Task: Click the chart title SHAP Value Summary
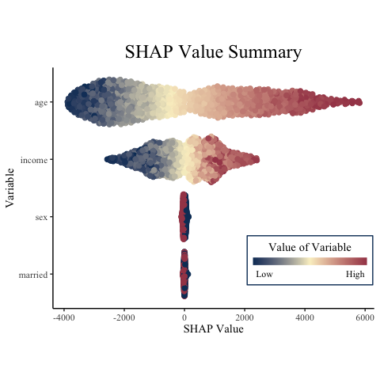pyautogui.click(x=213, y=52)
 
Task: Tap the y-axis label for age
pyautogui.click(x=41, y=103)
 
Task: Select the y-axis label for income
pyautogui.click(x=34, y=160)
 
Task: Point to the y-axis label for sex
pyautogui.click(x=41, y=217)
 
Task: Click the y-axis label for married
pyautogui.click(x=33, y=275)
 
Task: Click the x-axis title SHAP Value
pyautogui.click(x=213, y=329)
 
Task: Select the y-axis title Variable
pyautogui.click(x=9, y=188)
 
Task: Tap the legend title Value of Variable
pyautogui.click(x=310, y=247)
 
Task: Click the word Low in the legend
pyautogui.click(x=264, y=274)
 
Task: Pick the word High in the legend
pyautogui.click(x=355, y=274)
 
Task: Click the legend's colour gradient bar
pyautogui.click(x=310, y=261)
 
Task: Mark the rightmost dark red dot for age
pyautogui.click(x=359, y=102)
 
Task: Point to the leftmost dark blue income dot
pyautogui.click(x=108, y=159)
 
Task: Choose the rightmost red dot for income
pyautogui.click(x=256, y=160)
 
